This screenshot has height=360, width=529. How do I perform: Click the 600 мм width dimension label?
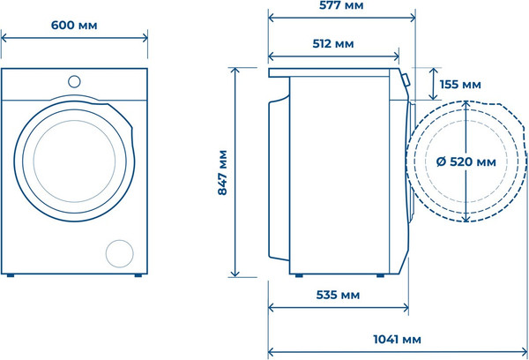tap(74, 26)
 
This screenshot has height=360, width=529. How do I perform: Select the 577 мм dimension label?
tap(341, 5)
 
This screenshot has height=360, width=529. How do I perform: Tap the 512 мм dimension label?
tap(333, 44)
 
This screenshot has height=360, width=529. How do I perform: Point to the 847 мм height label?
tap(222, 173)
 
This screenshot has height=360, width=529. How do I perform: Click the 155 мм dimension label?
tap(460, 85)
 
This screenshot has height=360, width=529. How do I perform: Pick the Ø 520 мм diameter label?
tap(466, 162)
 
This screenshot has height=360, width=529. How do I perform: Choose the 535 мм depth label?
tap(338, 295)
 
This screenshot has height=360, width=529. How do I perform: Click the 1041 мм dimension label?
tap(397, 339)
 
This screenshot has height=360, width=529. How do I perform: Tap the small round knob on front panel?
tap(74, 82)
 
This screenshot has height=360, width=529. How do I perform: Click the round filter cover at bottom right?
tap(119, 253)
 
